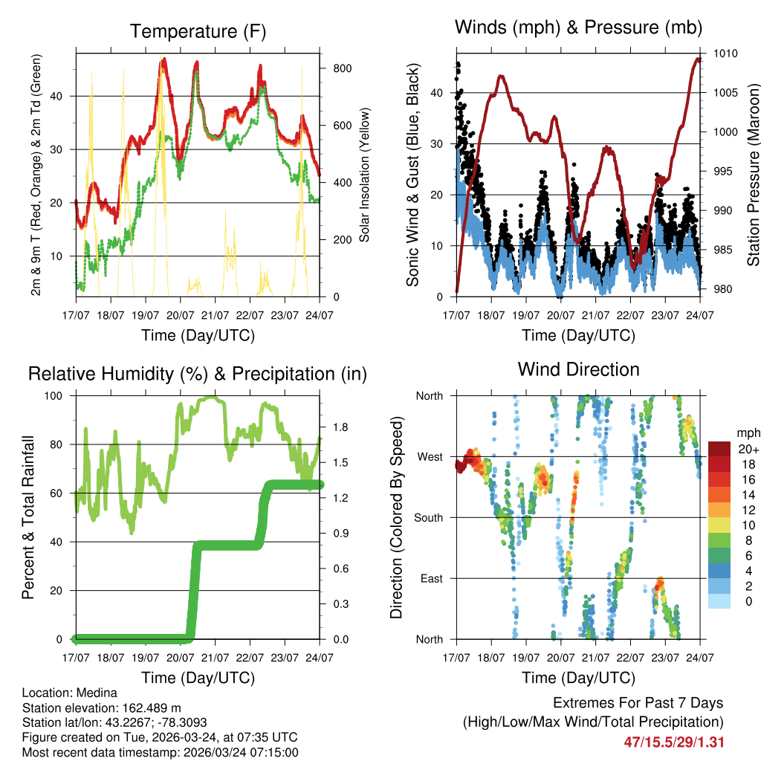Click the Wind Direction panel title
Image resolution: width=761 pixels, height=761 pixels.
578,369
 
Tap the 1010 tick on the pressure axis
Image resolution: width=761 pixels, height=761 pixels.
725,54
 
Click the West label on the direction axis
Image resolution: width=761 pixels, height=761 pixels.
430,456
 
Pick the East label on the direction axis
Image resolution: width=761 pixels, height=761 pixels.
430,578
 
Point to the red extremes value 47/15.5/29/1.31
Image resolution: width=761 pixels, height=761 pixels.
674,742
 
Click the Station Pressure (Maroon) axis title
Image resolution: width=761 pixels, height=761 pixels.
753,175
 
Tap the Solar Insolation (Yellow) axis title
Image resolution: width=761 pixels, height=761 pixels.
365,175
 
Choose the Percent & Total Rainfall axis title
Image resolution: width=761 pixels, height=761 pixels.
28,517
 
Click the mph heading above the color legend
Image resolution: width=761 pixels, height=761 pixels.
747,433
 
